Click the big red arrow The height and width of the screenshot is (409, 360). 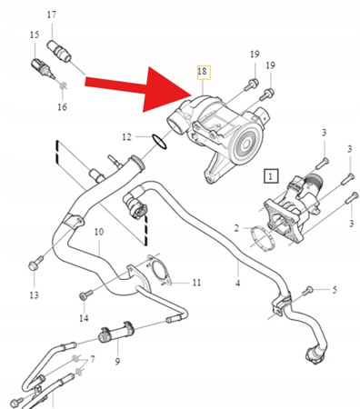[x=136, y=88]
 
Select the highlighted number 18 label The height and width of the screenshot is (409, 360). [x=201, y=71]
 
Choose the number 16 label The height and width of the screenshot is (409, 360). [x=62, y=107]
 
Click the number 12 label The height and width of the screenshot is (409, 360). [x=128, y=137]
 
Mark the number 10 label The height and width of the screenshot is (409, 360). [x=98, y=234]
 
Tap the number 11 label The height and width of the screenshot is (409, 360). [x=196, y=284]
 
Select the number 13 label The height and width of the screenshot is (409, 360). [x=34, y=296]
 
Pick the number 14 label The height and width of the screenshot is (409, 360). [x=84, y=318]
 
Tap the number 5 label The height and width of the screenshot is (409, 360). [x=334, y=290]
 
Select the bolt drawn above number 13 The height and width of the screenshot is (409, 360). [x=34, y=265]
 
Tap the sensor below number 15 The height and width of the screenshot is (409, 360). [x=41, y=66]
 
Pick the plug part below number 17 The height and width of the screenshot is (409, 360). [x=60, y=50]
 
